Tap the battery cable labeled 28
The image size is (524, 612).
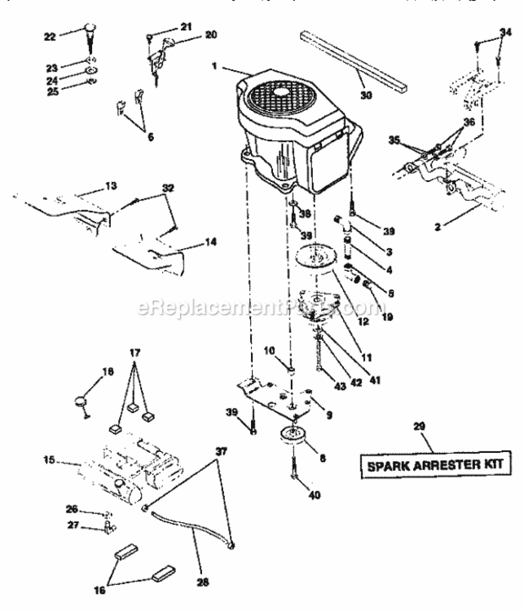tap(188, 534)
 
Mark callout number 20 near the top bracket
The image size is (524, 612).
tap(188, 35)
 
